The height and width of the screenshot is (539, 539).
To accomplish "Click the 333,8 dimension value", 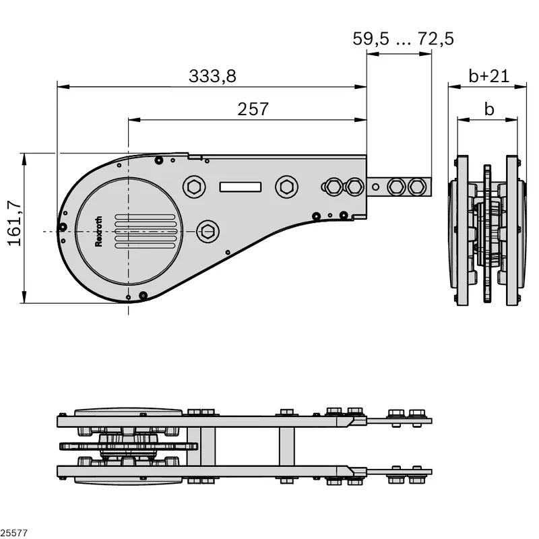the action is tap(212, 76).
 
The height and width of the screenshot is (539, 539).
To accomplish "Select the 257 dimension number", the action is tap(253, 109).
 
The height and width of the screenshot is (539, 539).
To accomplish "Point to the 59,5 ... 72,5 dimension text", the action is tap(403, 38).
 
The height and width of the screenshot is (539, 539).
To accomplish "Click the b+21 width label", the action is tap(489, 76).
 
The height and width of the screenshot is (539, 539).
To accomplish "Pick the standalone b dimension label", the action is tap(489, 109).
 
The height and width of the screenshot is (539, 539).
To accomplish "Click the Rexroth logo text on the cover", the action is tap(98, 231).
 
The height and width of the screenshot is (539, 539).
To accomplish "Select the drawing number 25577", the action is tap(13, 533).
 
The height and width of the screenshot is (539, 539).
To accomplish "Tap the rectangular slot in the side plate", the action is tap(241, 187).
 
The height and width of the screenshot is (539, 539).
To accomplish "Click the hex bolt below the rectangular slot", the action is tap(208, 231).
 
